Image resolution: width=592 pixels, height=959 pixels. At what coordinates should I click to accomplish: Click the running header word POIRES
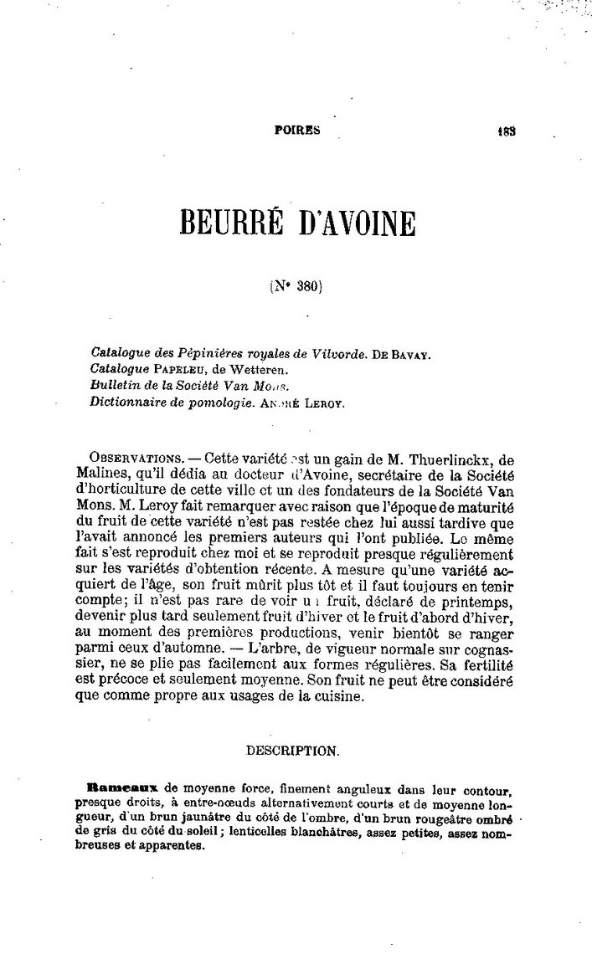click(298, 130)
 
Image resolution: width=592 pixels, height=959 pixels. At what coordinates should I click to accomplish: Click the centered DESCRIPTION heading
click(292, 751)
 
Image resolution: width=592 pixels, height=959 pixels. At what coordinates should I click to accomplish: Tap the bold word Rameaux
click(124, 788)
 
